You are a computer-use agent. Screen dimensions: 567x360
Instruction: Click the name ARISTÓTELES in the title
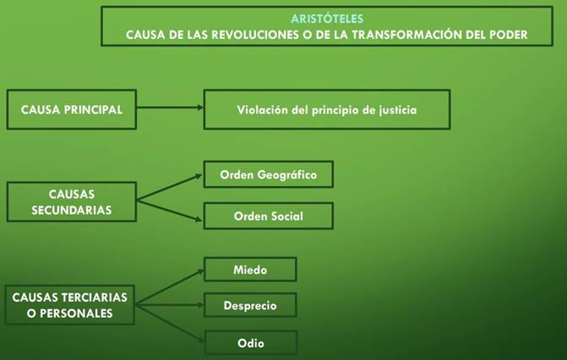click(x=327, y=19)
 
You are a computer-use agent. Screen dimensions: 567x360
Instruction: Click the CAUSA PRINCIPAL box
click(x=72, y=109)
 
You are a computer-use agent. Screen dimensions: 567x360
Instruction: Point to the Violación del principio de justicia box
click(x=327, y=109)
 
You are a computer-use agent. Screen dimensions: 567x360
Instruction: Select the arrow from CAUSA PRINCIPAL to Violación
click(x=170, y=107)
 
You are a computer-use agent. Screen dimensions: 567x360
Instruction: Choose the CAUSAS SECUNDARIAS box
click(x=72, y=201)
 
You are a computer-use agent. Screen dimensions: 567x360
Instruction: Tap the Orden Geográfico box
click(x=269, y=174)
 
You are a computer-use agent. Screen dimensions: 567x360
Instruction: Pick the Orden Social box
click(x=269, y=216)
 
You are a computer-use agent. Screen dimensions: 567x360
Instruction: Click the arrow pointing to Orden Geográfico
click(x=170, y=188)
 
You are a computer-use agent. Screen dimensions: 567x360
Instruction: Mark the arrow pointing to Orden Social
click(x=170, y=210)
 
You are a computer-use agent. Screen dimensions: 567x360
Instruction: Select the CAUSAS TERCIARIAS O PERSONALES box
click(x=70, y=304)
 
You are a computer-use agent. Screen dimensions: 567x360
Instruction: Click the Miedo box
click(x=250, y=270)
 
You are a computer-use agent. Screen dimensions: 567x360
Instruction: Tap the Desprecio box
click(x=250, y=305)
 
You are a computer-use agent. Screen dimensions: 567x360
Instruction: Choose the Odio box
click(x=251, y=342)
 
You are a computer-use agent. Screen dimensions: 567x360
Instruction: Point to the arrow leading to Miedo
click(x=170, y=286)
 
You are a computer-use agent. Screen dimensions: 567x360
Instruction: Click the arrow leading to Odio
click(x=170, y=323)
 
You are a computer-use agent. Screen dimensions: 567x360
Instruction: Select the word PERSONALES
click(x=76, y=314)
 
